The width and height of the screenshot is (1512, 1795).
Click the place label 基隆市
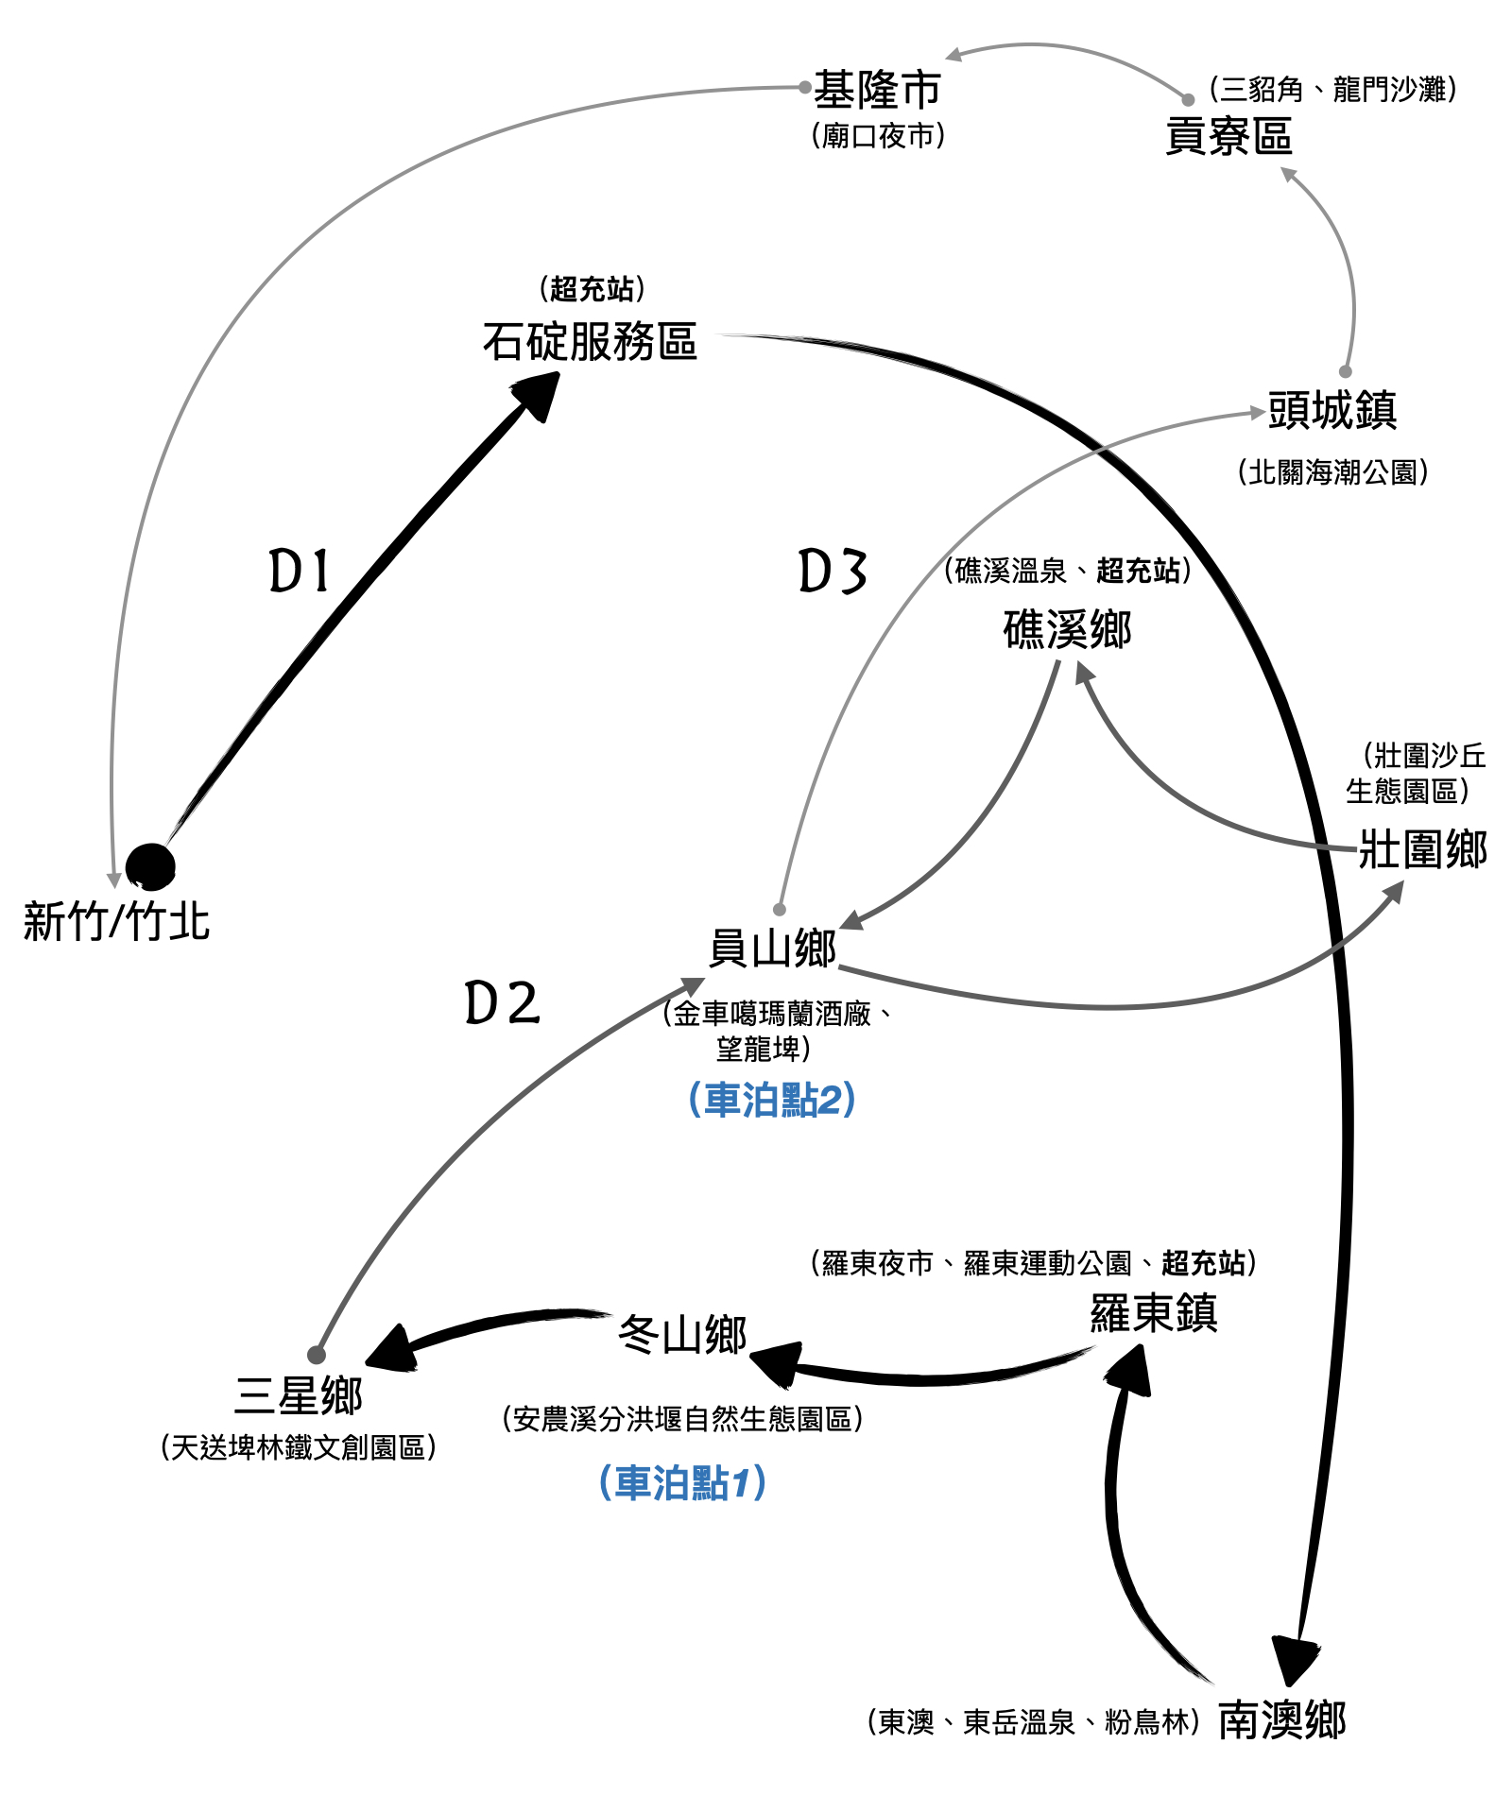[877, 91]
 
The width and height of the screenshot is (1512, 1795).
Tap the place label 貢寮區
[1228, 136]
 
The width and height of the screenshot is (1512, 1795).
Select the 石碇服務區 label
[590, 342]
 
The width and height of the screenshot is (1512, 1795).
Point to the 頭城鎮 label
[1332, 411]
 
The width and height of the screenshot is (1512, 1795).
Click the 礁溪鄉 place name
[1067, 629]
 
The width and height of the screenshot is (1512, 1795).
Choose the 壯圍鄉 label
[1422, 848]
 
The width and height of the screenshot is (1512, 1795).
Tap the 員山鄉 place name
[773, 949]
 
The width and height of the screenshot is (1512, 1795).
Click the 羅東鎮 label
[1154, 1312]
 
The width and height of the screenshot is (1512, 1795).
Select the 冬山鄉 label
[682, 1335]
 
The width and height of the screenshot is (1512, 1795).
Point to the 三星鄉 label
[298, 1395]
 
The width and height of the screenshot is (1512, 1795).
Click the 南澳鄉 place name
[1281, 1720]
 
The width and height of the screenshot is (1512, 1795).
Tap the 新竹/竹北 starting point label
[116, 921]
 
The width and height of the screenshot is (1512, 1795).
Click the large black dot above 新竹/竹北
[150, 866]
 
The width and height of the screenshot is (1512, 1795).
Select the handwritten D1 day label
[300, 572]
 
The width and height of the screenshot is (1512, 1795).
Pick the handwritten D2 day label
[502, 1003]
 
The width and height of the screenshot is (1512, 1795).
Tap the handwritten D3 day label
[832, 572]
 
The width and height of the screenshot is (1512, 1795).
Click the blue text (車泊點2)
[772, 1100]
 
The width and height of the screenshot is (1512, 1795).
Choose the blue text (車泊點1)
[682, 1482]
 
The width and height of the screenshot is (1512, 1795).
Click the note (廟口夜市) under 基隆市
[878, 136]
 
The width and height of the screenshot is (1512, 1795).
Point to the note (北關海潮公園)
[1332, 471]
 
